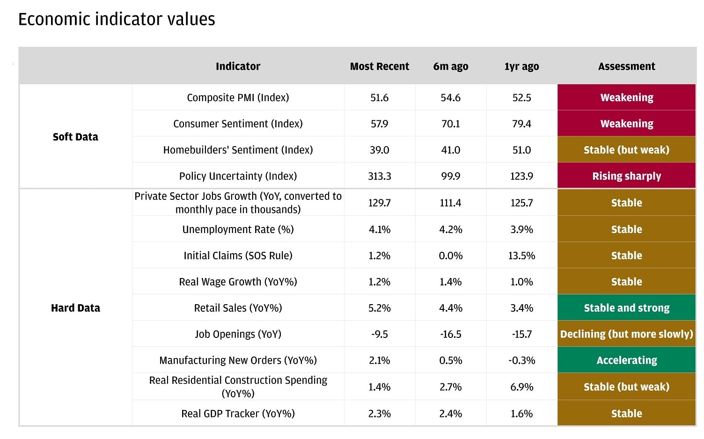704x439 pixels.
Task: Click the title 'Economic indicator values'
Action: tap(117, 19)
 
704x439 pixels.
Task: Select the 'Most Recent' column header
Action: tap(379, 66)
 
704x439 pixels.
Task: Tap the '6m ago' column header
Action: tap(450, 66)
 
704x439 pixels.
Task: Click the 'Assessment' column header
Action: tap(626, 66)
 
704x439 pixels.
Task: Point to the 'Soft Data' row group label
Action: tap(75, 137)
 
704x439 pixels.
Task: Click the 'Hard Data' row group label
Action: tap(75, 308)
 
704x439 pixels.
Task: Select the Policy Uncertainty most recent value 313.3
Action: tap(379, 176)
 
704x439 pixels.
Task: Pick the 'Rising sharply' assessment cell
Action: tap(626, 176)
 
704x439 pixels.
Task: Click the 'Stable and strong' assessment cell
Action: tap(626, 308)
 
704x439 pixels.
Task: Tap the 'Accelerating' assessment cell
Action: tap(626, 360)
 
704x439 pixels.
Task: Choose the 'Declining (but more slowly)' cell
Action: tap(626, 334)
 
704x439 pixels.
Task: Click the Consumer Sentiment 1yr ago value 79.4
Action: tap(521, 124)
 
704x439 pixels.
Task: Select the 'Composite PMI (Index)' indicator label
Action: tap(238, 97)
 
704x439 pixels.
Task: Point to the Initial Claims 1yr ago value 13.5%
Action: tap(521, 256)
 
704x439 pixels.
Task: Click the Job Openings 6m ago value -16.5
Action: tap(450, 334)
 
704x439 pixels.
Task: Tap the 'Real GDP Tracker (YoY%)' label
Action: tap(238, 414)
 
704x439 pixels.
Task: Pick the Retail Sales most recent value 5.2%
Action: tap(379, 308)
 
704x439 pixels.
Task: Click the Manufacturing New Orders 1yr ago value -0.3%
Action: tap(521, 360)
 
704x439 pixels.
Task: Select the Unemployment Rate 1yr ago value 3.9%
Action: tap(521, 229)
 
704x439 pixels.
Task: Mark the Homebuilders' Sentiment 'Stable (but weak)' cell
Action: tap(626, 150)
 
